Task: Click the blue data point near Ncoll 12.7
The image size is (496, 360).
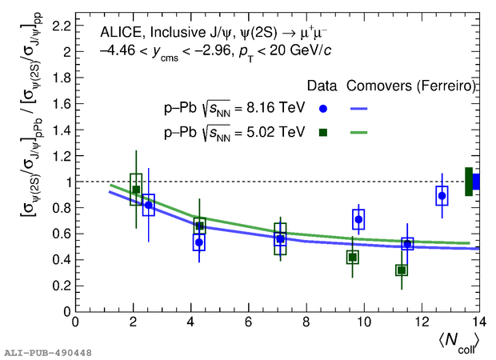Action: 442,196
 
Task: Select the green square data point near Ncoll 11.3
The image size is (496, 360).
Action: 402,270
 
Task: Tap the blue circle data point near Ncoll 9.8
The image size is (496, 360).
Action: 358,219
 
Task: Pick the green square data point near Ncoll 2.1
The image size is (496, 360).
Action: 136,190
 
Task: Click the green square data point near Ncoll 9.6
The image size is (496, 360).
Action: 353,257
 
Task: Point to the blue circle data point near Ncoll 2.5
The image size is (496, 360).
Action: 148,205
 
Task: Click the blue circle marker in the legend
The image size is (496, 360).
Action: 322,108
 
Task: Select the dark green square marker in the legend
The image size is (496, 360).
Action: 322,132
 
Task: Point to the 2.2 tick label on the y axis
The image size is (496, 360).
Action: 58,25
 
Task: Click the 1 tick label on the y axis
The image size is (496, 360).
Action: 64,182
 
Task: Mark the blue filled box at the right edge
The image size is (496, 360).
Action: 476,182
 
